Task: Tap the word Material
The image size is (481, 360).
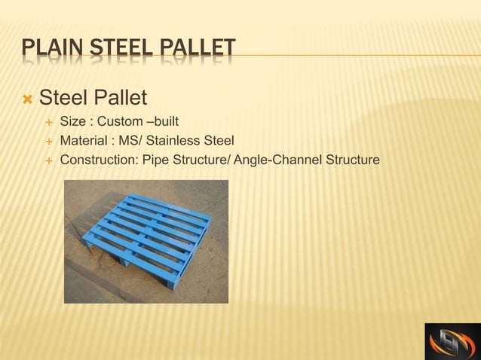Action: tap(84, 141)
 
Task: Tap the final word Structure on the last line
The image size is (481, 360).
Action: tap(353, 160)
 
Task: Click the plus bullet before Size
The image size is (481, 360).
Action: tap(49, 122)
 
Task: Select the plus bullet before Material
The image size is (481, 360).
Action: tap(49, 142)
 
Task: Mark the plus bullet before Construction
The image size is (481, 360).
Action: tap(49, 161)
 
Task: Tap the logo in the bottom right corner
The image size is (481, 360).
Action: tap(451, 341)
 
